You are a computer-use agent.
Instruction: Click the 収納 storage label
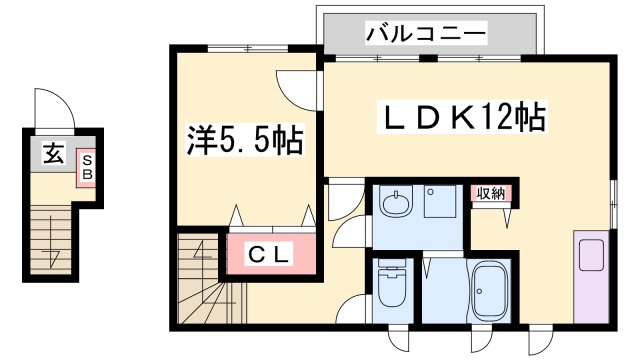490,194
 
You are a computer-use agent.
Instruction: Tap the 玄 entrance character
52,155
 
